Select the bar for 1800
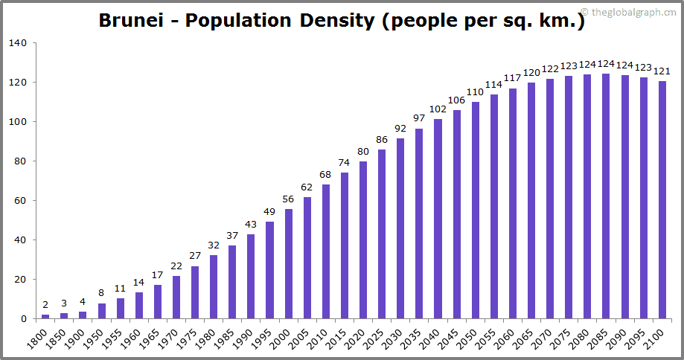point(45,316)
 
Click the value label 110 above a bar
point(475,92)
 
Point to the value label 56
point(288,199)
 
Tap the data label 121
point(662,71)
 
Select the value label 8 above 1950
point(102,293)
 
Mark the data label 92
point(400,129)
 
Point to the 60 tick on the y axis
point(22,201)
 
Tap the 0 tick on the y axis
point(25,319)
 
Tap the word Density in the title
point(336,21)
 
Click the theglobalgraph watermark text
point(632,12)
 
